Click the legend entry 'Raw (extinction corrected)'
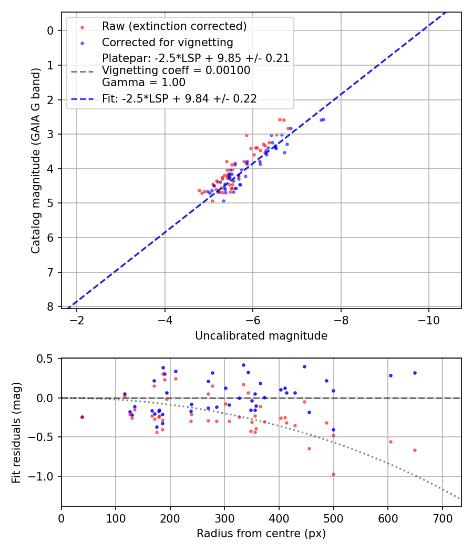pos(174,26)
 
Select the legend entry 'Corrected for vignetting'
pos(167,42)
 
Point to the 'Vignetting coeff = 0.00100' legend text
pos(176,70)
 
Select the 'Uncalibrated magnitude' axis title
pos(261,336)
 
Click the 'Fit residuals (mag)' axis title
pos(16,432)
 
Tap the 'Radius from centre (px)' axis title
pos(261,534)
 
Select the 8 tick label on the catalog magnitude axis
pos(50,306)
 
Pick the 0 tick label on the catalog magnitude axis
pos(50,30)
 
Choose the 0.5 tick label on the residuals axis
pos(45,359)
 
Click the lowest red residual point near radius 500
pos(333,474)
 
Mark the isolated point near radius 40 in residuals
pos(82,417)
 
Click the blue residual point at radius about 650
pos(415,373)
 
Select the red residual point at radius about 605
pos(390,442)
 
